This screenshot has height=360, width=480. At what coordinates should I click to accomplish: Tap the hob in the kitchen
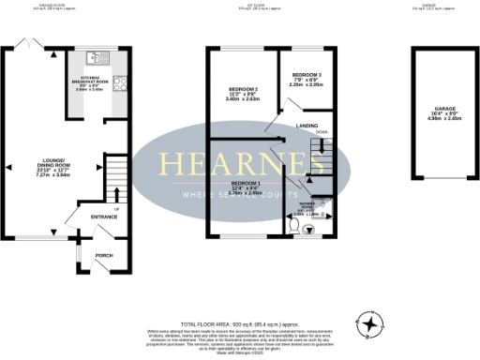[119, 82]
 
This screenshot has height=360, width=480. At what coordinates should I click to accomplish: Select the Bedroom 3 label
[307, 78]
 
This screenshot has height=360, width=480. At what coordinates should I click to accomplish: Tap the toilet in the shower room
[296, 226]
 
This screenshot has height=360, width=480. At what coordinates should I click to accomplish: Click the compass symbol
[373, 325]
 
